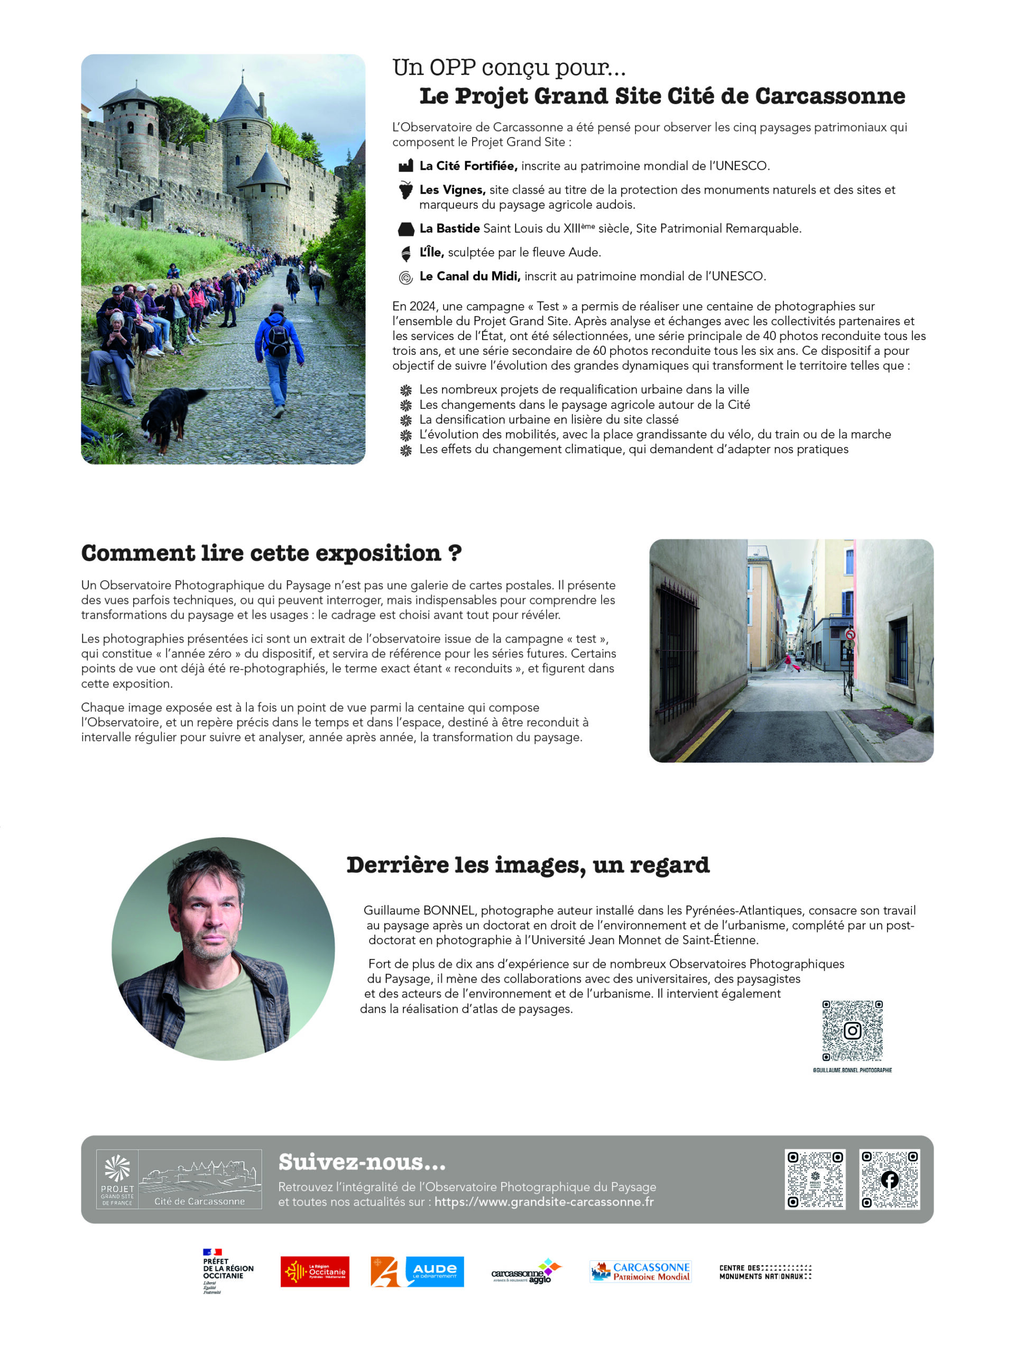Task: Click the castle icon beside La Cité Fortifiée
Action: [x=405, y=166]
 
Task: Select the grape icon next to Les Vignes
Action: [x=405, y=190]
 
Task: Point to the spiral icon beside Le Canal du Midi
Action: [x=405, y=277]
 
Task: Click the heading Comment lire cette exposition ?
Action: [x=271, y=553]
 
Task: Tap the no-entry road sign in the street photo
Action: [x=850, y=635]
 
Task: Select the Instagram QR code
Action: [x=852, y=1031]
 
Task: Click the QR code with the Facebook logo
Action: [x=889, y=1179]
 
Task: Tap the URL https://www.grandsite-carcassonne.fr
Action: [x=544, y=1202]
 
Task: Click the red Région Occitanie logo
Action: [x=315, y=1271]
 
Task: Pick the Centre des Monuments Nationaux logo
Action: [x=765, y=1272]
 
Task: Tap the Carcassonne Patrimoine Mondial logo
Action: [x=640, y=1271]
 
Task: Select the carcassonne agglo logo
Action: [x=526, y=1271]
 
